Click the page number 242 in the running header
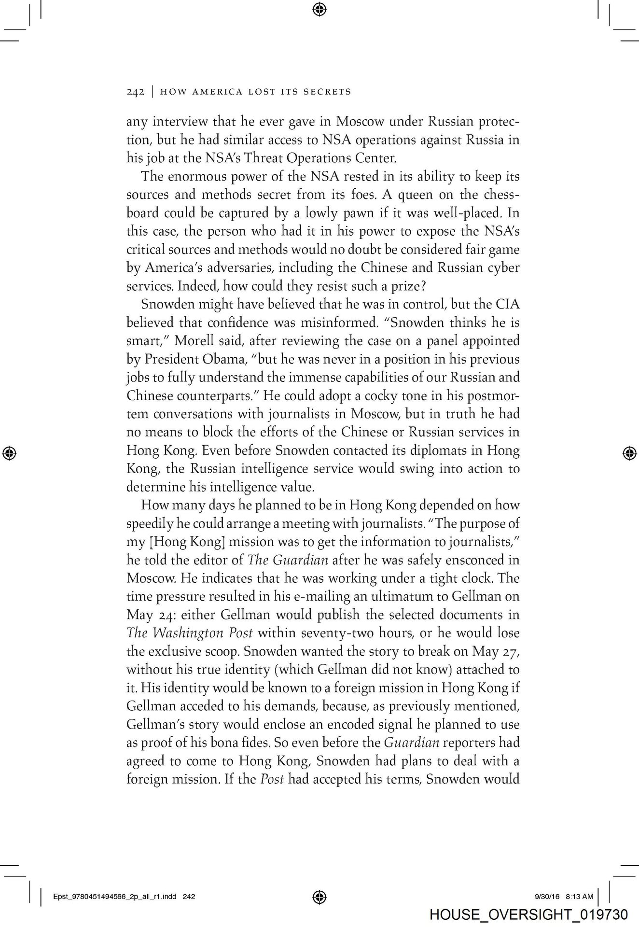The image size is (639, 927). click(x=135, y=92)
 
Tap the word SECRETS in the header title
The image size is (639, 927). click(x=327, y=92)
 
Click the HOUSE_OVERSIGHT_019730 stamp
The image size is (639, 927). click(x=528, y=914)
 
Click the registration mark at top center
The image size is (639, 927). click(x=319, y=8)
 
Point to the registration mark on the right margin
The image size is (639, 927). click(x=628, y=452)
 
